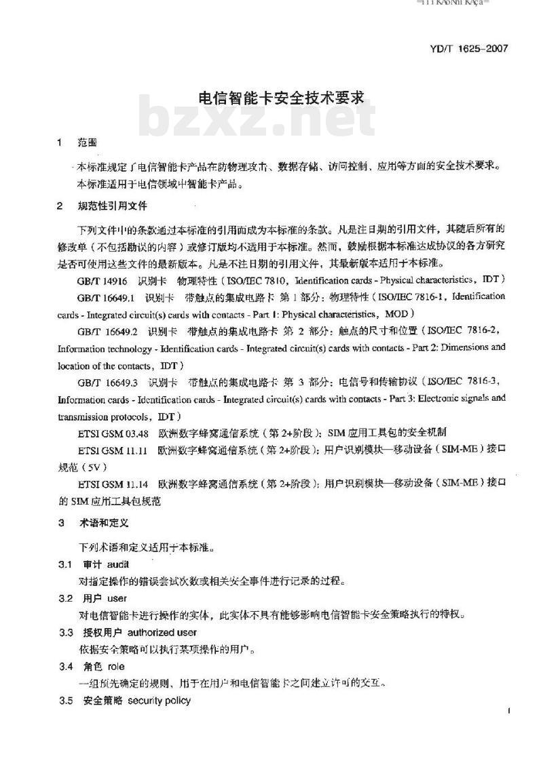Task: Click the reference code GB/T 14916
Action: [101, 280]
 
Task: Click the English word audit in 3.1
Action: [117, 564]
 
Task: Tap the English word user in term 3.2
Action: [117, 598]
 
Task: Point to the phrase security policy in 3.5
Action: [159, 701]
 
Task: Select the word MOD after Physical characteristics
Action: [395, 314]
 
